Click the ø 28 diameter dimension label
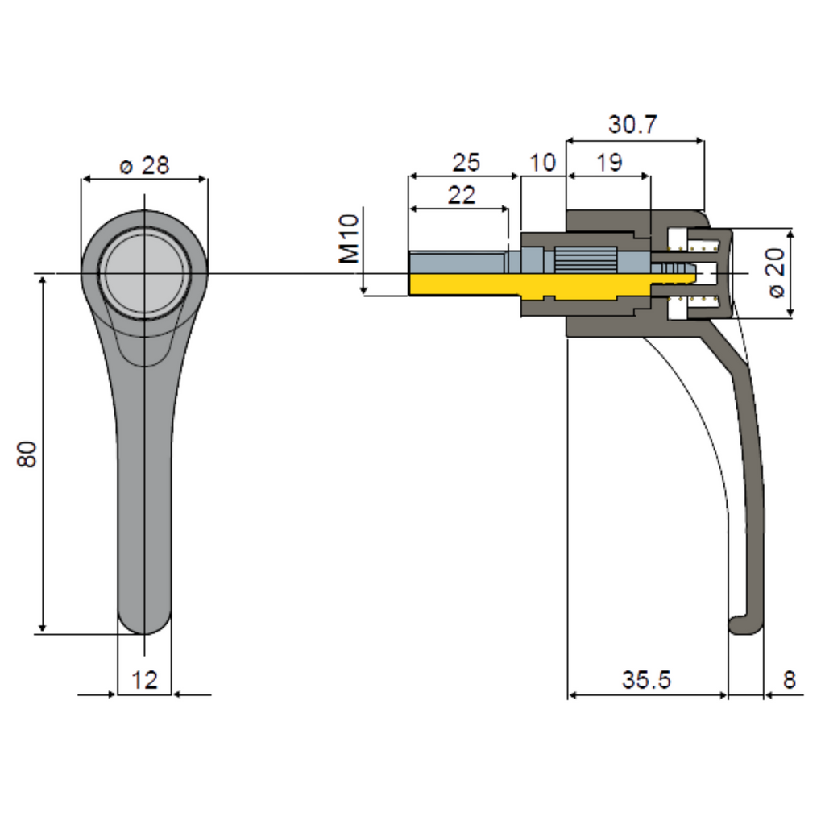(145, 166)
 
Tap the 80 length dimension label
(27, 454)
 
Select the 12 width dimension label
(144, 680)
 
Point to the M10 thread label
(349, 238)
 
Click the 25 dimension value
(466, 163)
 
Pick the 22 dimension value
(462, 195)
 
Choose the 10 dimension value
(542, 163)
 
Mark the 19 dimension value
(610, 163)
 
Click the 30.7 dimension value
(633, 125)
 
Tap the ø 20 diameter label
(776, 272)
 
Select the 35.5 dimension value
(646, 680)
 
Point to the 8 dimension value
(789, 680)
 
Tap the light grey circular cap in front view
(145, 273)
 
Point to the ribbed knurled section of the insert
(586, 259)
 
